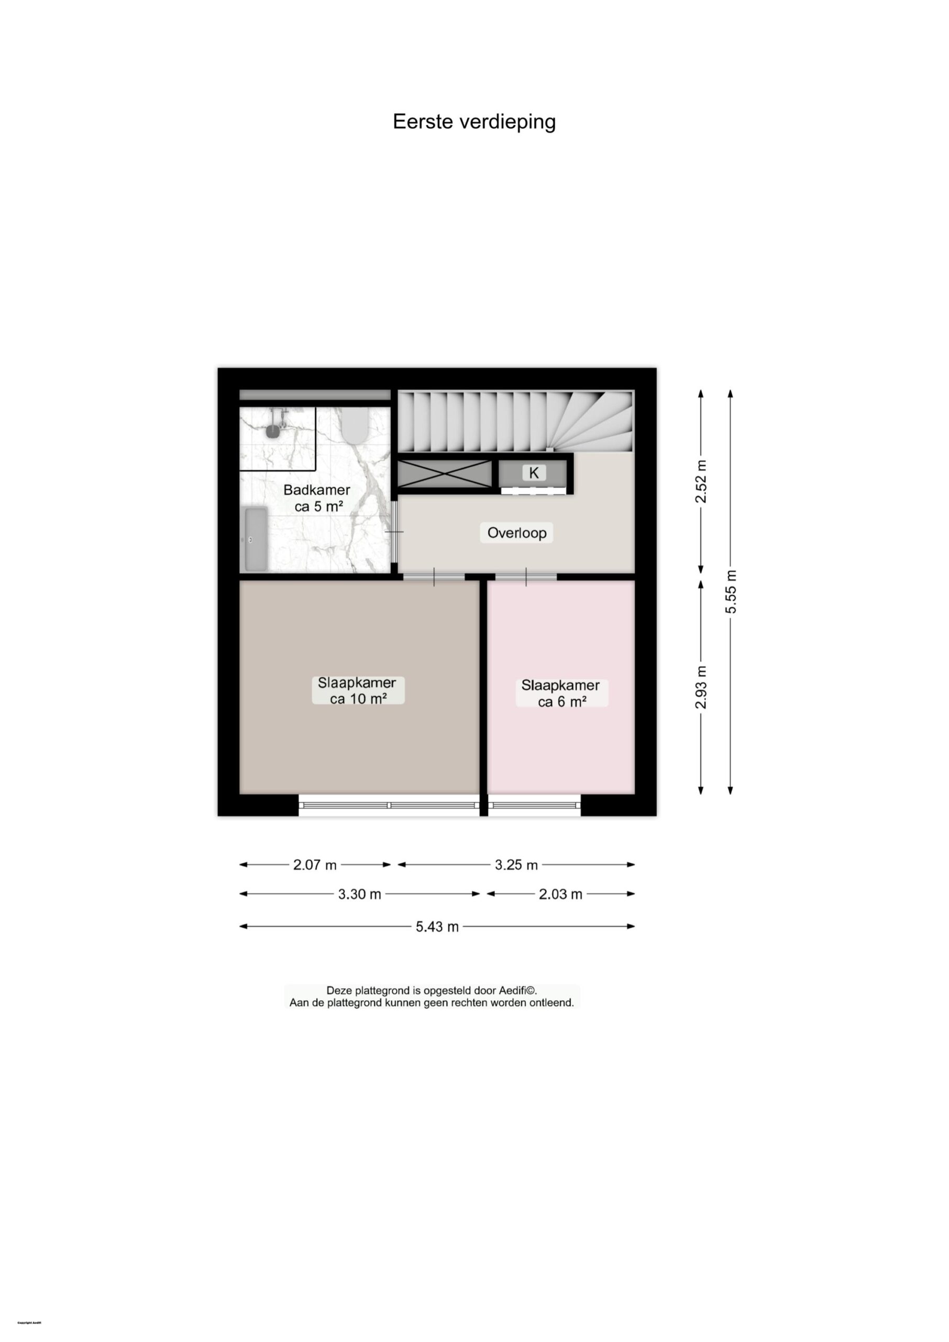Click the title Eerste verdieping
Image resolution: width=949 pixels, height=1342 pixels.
474,122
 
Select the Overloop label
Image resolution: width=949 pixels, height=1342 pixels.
516,533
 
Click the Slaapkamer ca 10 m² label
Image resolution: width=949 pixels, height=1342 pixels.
358,690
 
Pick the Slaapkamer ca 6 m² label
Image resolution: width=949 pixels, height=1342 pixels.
561,694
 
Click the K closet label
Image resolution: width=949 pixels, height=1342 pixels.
534,472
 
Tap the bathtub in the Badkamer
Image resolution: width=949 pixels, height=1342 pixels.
256,538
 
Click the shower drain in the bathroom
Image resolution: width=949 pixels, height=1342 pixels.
273,431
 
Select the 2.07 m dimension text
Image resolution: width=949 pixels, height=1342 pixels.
315,865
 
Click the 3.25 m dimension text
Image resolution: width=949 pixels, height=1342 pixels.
516,865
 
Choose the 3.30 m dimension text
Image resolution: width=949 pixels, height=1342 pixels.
359,894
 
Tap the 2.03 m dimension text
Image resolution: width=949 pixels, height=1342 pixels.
560,894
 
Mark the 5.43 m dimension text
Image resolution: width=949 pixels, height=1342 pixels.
437,927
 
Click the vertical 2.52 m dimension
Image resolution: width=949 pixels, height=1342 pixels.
701,481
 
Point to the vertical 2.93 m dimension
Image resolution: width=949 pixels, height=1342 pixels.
701,687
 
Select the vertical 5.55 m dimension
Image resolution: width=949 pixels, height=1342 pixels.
731,591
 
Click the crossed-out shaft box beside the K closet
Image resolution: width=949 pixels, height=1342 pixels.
445,474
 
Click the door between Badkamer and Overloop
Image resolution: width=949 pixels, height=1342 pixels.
395,532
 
